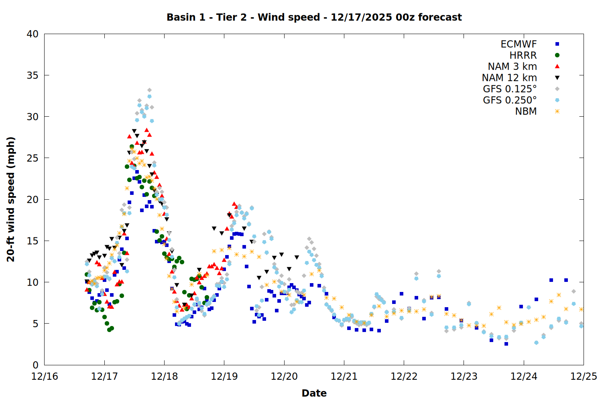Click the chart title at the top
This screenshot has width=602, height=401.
314,17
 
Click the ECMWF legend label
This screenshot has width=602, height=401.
519,44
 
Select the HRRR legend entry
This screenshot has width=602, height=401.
523,55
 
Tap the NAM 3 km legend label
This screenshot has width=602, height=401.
512,67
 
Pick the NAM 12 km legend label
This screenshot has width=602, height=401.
509,78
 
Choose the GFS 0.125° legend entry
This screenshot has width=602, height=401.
510,89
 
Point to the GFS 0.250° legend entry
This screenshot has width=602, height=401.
510,100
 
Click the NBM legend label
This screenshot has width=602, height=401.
526,111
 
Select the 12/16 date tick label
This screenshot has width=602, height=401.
44,377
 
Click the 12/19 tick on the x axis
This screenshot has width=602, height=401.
224,377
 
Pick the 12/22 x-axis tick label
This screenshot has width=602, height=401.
404,377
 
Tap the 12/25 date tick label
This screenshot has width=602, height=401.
584,377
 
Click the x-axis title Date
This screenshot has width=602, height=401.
314,393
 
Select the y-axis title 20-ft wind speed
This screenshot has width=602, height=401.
11,199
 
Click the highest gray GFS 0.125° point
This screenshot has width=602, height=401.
149,90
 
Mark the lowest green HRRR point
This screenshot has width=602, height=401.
109,330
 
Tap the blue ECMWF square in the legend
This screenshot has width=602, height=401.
557,44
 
